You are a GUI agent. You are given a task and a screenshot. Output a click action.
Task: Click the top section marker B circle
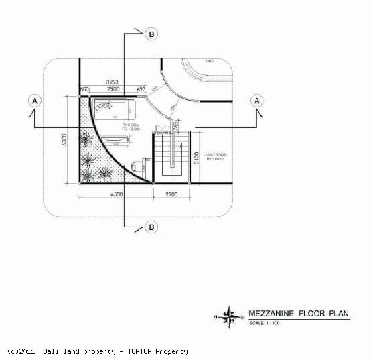click(x=151, y=33)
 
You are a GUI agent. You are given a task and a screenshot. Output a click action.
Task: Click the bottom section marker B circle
click(x=152, y=227)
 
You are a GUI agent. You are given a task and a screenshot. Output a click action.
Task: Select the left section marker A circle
click(x=35, y=100)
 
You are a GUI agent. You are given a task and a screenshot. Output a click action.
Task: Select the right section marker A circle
click(x=256, y=100)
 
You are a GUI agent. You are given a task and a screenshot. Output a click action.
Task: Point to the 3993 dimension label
click(x=113, y=82)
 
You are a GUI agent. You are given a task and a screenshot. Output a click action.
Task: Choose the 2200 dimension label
click(x=170, y=194)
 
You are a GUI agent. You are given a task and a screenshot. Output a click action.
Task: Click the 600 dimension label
click(x=84, y=89)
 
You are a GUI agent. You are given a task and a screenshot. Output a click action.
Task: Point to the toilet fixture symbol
click(x=137, y=164)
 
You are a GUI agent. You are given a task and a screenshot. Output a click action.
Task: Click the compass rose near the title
click(x=230, y=314)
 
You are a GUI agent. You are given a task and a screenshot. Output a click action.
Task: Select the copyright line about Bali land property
click(x=98, y=351)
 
